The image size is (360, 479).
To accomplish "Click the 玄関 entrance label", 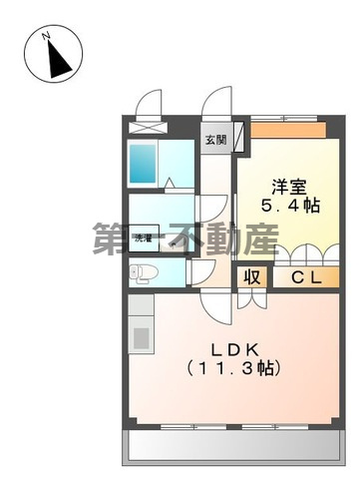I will pyautogui.click(x=215, y=140).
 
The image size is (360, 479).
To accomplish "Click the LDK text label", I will pyautogui.click(x=234, y=348).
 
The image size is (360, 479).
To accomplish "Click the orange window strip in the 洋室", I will pyautogui.click(x=289, y=130).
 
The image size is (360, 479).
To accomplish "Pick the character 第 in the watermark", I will pyautogui.click(x=112, y=239).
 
